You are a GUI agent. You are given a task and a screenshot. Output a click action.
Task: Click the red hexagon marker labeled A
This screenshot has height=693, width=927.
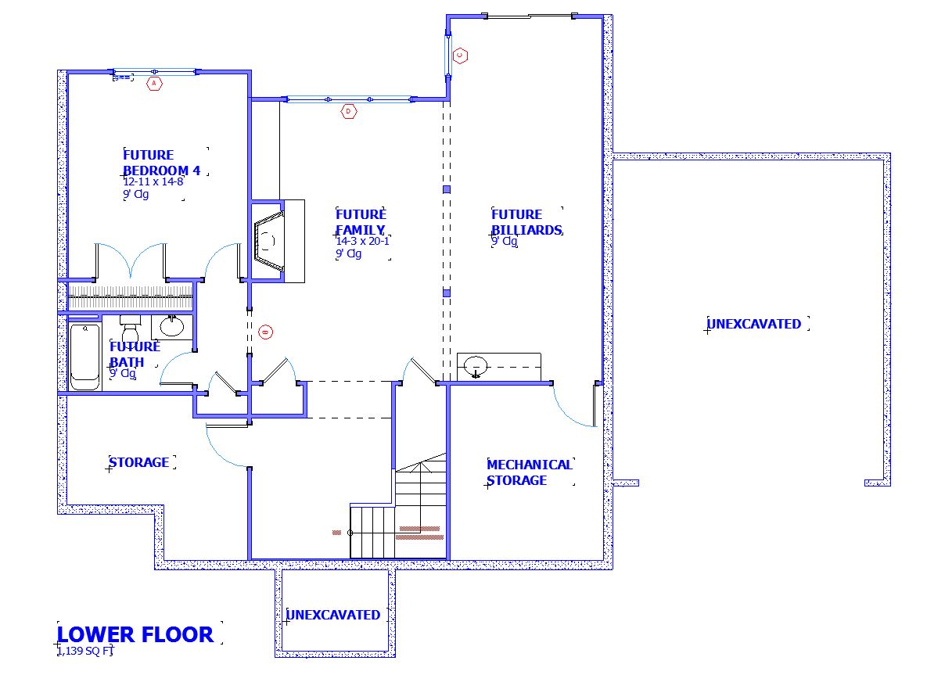[154, 83]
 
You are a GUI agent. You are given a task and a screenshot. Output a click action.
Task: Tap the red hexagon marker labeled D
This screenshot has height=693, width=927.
[348, 112]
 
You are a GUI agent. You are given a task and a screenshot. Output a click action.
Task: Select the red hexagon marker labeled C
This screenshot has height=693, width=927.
[460, 55]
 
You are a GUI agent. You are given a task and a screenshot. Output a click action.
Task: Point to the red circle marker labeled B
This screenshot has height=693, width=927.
[265, 332]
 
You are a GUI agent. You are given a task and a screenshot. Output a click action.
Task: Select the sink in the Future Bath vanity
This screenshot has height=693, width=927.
[171, 326]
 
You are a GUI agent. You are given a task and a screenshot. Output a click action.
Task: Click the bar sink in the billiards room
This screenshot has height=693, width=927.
[476, 365]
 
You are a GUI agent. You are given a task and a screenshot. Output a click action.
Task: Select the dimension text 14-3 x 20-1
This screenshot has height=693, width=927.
[363, 242]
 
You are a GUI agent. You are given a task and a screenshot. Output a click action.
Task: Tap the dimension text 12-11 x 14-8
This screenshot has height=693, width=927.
[153, 181]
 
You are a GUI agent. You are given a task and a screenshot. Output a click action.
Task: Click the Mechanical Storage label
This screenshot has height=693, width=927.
[529, 472]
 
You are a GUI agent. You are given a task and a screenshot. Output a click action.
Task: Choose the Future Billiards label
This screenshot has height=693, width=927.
[526, 222]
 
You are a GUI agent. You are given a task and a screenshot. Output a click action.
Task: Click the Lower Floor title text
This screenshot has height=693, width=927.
[135, 634]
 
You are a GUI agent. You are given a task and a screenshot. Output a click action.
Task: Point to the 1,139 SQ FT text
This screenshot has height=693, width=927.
[85, 650]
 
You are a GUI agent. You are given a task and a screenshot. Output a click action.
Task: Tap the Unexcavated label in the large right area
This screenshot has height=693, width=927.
[754, 324]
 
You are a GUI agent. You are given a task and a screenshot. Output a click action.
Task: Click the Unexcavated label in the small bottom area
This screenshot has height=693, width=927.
[333, 615]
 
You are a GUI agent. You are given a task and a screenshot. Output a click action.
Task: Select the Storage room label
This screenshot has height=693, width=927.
[139, 462]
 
